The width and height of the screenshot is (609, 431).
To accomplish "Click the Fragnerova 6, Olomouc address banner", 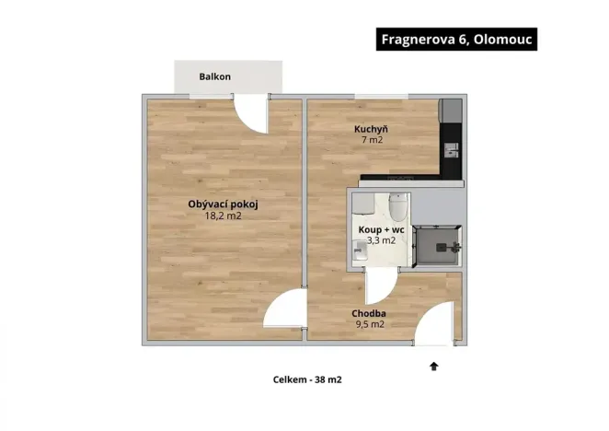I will [x=455, y=40].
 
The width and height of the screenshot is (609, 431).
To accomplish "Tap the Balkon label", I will [x=214, y=76].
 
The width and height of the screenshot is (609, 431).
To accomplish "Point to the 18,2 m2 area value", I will [x=222, y=216].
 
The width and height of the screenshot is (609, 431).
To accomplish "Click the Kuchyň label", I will [x=371, y=129].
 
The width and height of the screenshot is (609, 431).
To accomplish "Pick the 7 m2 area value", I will [x=371, y=141].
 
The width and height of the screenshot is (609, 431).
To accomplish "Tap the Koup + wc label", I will [x=381, y=229].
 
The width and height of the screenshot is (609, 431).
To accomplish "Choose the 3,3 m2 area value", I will [x=381, y=240].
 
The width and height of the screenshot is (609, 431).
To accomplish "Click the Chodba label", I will [x=369, y=313].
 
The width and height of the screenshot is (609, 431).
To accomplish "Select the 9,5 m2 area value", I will [x=369, y=324].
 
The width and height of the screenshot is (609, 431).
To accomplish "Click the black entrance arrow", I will [x=433, y=367].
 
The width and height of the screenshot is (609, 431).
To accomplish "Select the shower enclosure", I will [x=436, y=247].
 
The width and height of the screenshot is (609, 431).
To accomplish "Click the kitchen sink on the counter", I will [x=449, y=146].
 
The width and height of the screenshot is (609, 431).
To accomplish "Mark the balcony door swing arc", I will [x=251, y=111].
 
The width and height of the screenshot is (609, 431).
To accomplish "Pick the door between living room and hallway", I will [x=284, y=310].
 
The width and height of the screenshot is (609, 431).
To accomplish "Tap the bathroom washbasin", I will [x=359, y=248].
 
